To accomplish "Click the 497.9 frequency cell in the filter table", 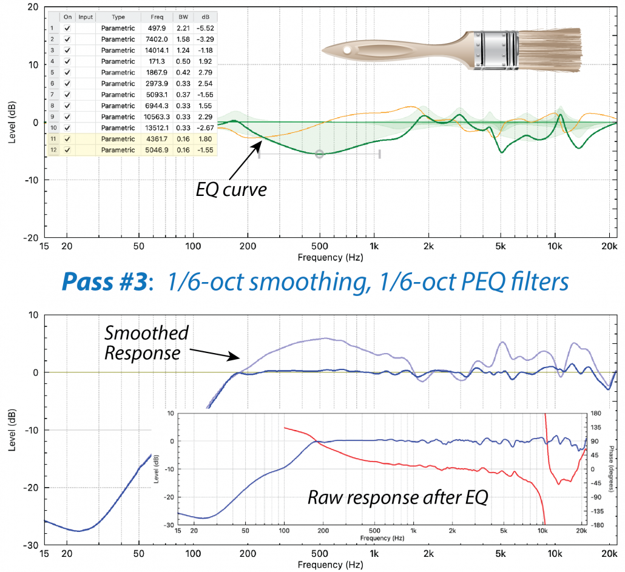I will (x=149, y=29).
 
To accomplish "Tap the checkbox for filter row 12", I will (x=67, y=150).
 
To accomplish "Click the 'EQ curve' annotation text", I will (x=231, y=190).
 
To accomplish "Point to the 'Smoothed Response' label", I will (x=146, y=342).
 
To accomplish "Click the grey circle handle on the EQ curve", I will (x=320, y=154).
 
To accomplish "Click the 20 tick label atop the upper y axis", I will (x=34, y=7).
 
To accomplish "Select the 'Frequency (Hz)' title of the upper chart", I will (x=330, y=257).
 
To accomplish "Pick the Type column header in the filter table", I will (x=118, y=18).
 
